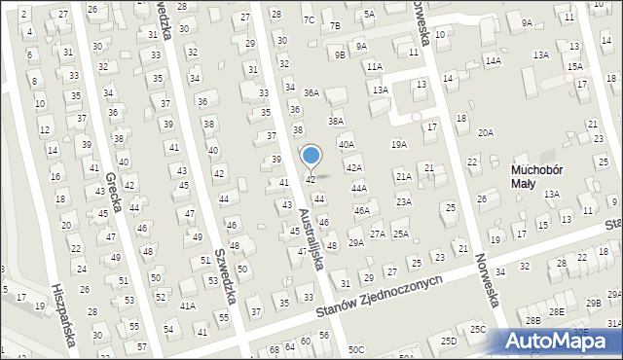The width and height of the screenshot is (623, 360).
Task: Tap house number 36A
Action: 311,92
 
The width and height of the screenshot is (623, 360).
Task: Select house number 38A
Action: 336,121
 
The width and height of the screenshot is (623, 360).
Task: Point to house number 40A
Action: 347,144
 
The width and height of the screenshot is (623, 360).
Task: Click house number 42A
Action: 354,168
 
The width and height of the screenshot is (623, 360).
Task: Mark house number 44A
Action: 358,188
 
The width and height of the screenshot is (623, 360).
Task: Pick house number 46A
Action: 361,210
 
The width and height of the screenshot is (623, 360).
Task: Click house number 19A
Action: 398,144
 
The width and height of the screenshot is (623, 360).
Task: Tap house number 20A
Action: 485,131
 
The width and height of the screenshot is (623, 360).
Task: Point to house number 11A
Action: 374,66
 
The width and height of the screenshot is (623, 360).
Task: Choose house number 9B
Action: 340,54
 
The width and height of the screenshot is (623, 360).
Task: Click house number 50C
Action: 356,349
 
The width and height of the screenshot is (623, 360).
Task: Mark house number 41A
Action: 188,306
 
